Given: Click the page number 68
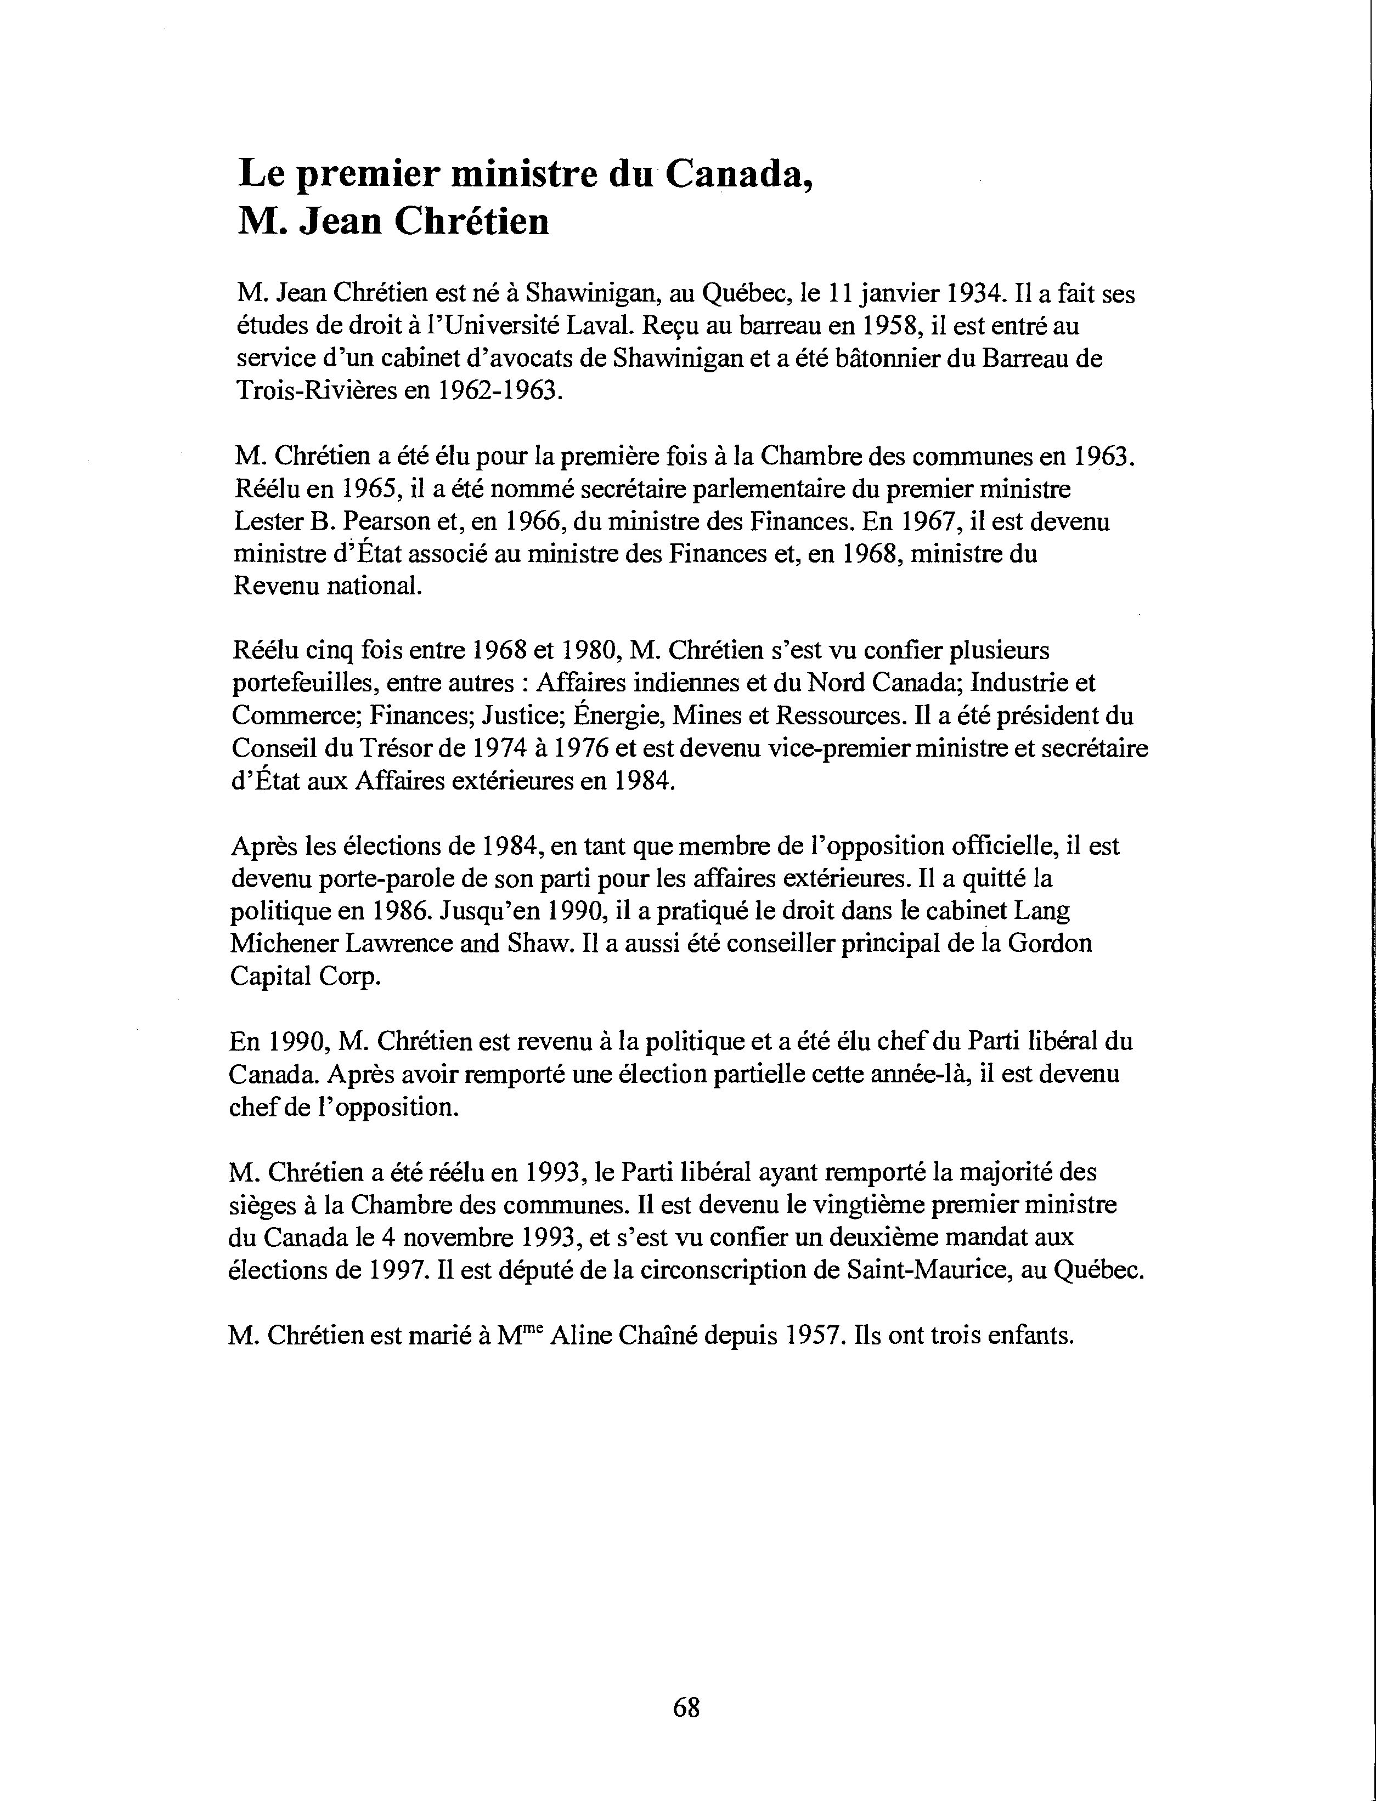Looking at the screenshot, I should click(x=686, y=1707).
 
